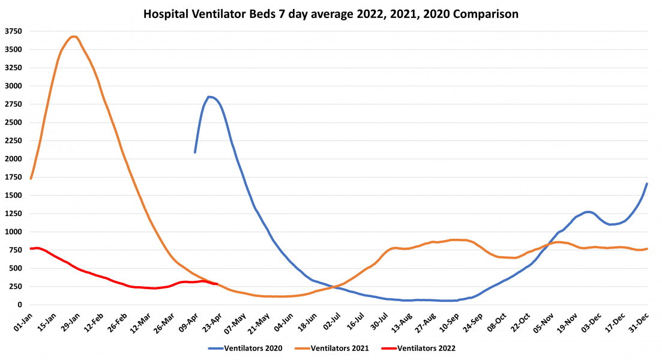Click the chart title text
coord(331,13)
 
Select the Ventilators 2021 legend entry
coord(337,348)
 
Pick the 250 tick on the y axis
coord(16,287)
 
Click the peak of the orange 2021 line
coord(73,37)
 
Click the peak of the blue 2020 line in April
coord(209,97)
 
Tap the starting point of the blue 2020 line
coord(195,152)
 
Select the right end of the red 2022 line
coord(217,284)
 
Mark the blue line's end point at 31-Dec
coord(647,184)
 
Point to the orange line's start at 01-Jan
coord(31,178)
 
